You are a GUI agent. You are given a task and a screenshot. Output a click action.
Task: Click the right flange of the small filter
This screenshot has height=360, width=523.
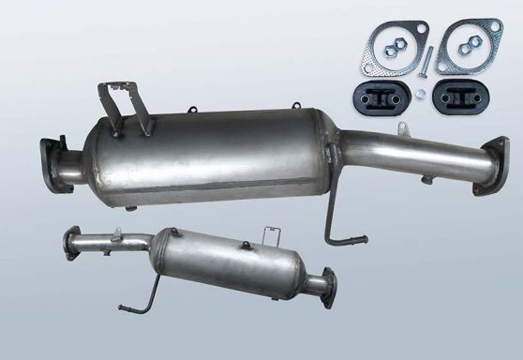(325, 283)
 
